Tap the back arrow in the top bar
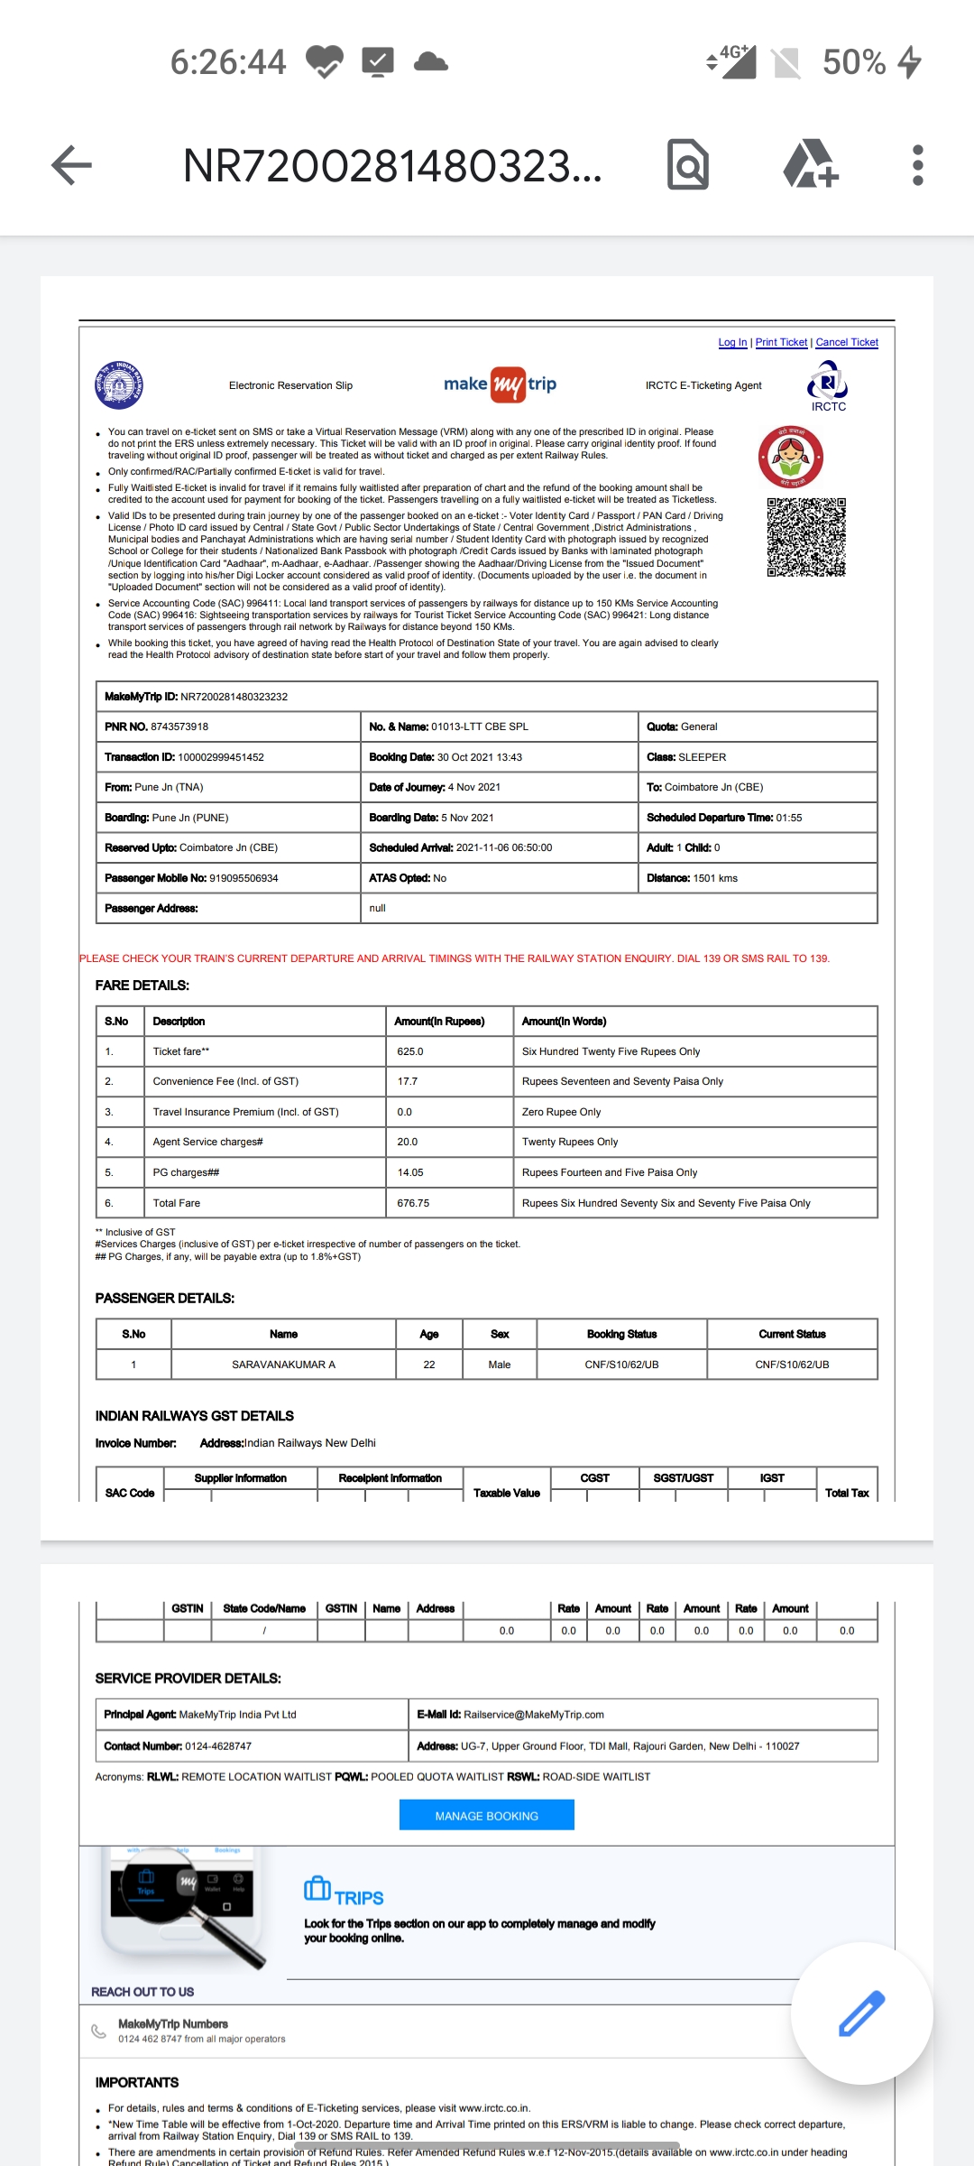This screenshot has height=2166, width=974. pos(72,165)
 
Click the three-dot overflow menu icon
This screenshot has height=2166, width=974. pos(917,165)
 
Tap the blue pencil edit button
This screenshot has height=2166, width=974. pos(861,2013)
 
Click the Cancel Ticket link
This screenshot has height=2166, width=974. pos(847,342)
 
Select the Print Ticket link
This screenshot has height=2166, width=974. pos(781,342)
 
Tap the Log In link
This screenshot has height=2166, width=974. pos(732,342)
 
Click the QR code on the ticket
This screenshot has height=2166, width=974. pos(806,537)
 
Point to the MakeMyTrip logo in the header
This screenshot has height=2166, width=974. pos(500,384)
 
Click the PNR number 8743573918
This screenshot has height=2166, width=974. pos(179,727)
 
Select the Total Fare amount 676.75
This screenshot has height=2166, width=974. pos(413,1203)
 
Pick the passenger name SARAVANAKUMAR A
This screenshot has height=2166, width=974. pos(283,1365)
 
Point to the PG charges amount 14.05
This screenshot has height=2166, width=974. pos(410,1172)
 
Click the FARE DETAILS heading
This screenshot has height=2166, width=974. pos(142,986)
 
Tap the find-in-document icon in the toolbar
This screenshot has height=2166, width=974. pos(687,165)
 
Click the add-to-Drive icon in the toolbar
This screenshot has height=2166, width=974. pos(810,165)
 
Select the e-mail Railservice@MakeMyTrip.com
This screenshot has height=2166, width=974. pos(534,1715)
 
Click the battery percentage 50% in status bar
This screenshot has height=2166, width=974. pos(854,62)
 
